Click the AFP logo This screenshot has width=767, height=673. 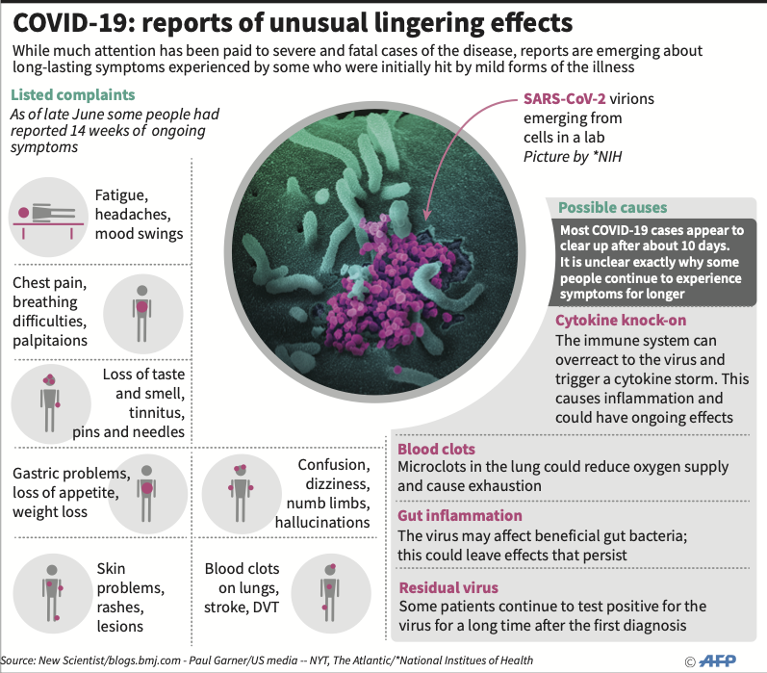pos(718,661)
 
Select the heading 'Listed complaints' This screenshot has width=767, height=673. pos(73,94)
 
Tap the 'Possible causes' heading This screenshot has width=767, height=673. pos(612,208)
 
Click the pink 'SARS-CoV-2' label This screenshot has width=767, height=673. pos(565,99)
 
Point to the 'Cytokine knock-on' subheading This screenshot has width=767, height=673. pos(621,320)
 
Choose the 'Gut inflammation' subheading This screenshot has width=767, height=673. pos(460,515)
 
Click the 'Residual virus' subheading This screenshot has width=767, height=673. pos(448,587)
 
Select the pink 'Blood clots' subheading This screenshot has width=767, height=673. pos(436,449)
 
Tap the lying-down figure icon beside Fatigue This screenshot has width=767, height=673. pos(48,218)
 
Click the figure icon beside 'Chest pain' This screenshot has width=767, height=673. pos(141,313)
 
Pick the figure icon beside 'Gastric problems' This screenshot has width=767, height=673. pos(146,493)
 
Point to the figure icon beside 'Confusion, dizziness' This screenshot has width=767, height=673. pos(241,493)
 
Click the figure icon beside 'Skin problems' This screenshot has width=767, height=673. pos(52,593)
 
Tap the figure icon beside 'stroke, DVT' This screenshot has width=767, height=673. pos(330,593)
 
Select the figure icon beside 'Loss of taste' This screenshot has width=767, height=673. pos(49,403)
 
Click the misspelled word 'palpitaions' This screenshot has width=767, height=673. pos(50,341)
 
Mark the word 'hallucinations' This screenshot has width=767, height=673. pos(322,522)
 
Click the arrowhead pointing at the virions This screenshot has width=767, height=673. pos(426,217)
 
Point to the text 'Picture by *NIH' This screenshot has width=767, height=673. pos(573,157)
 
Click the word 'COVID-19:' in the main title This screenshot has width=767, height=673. pos(74,23)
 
